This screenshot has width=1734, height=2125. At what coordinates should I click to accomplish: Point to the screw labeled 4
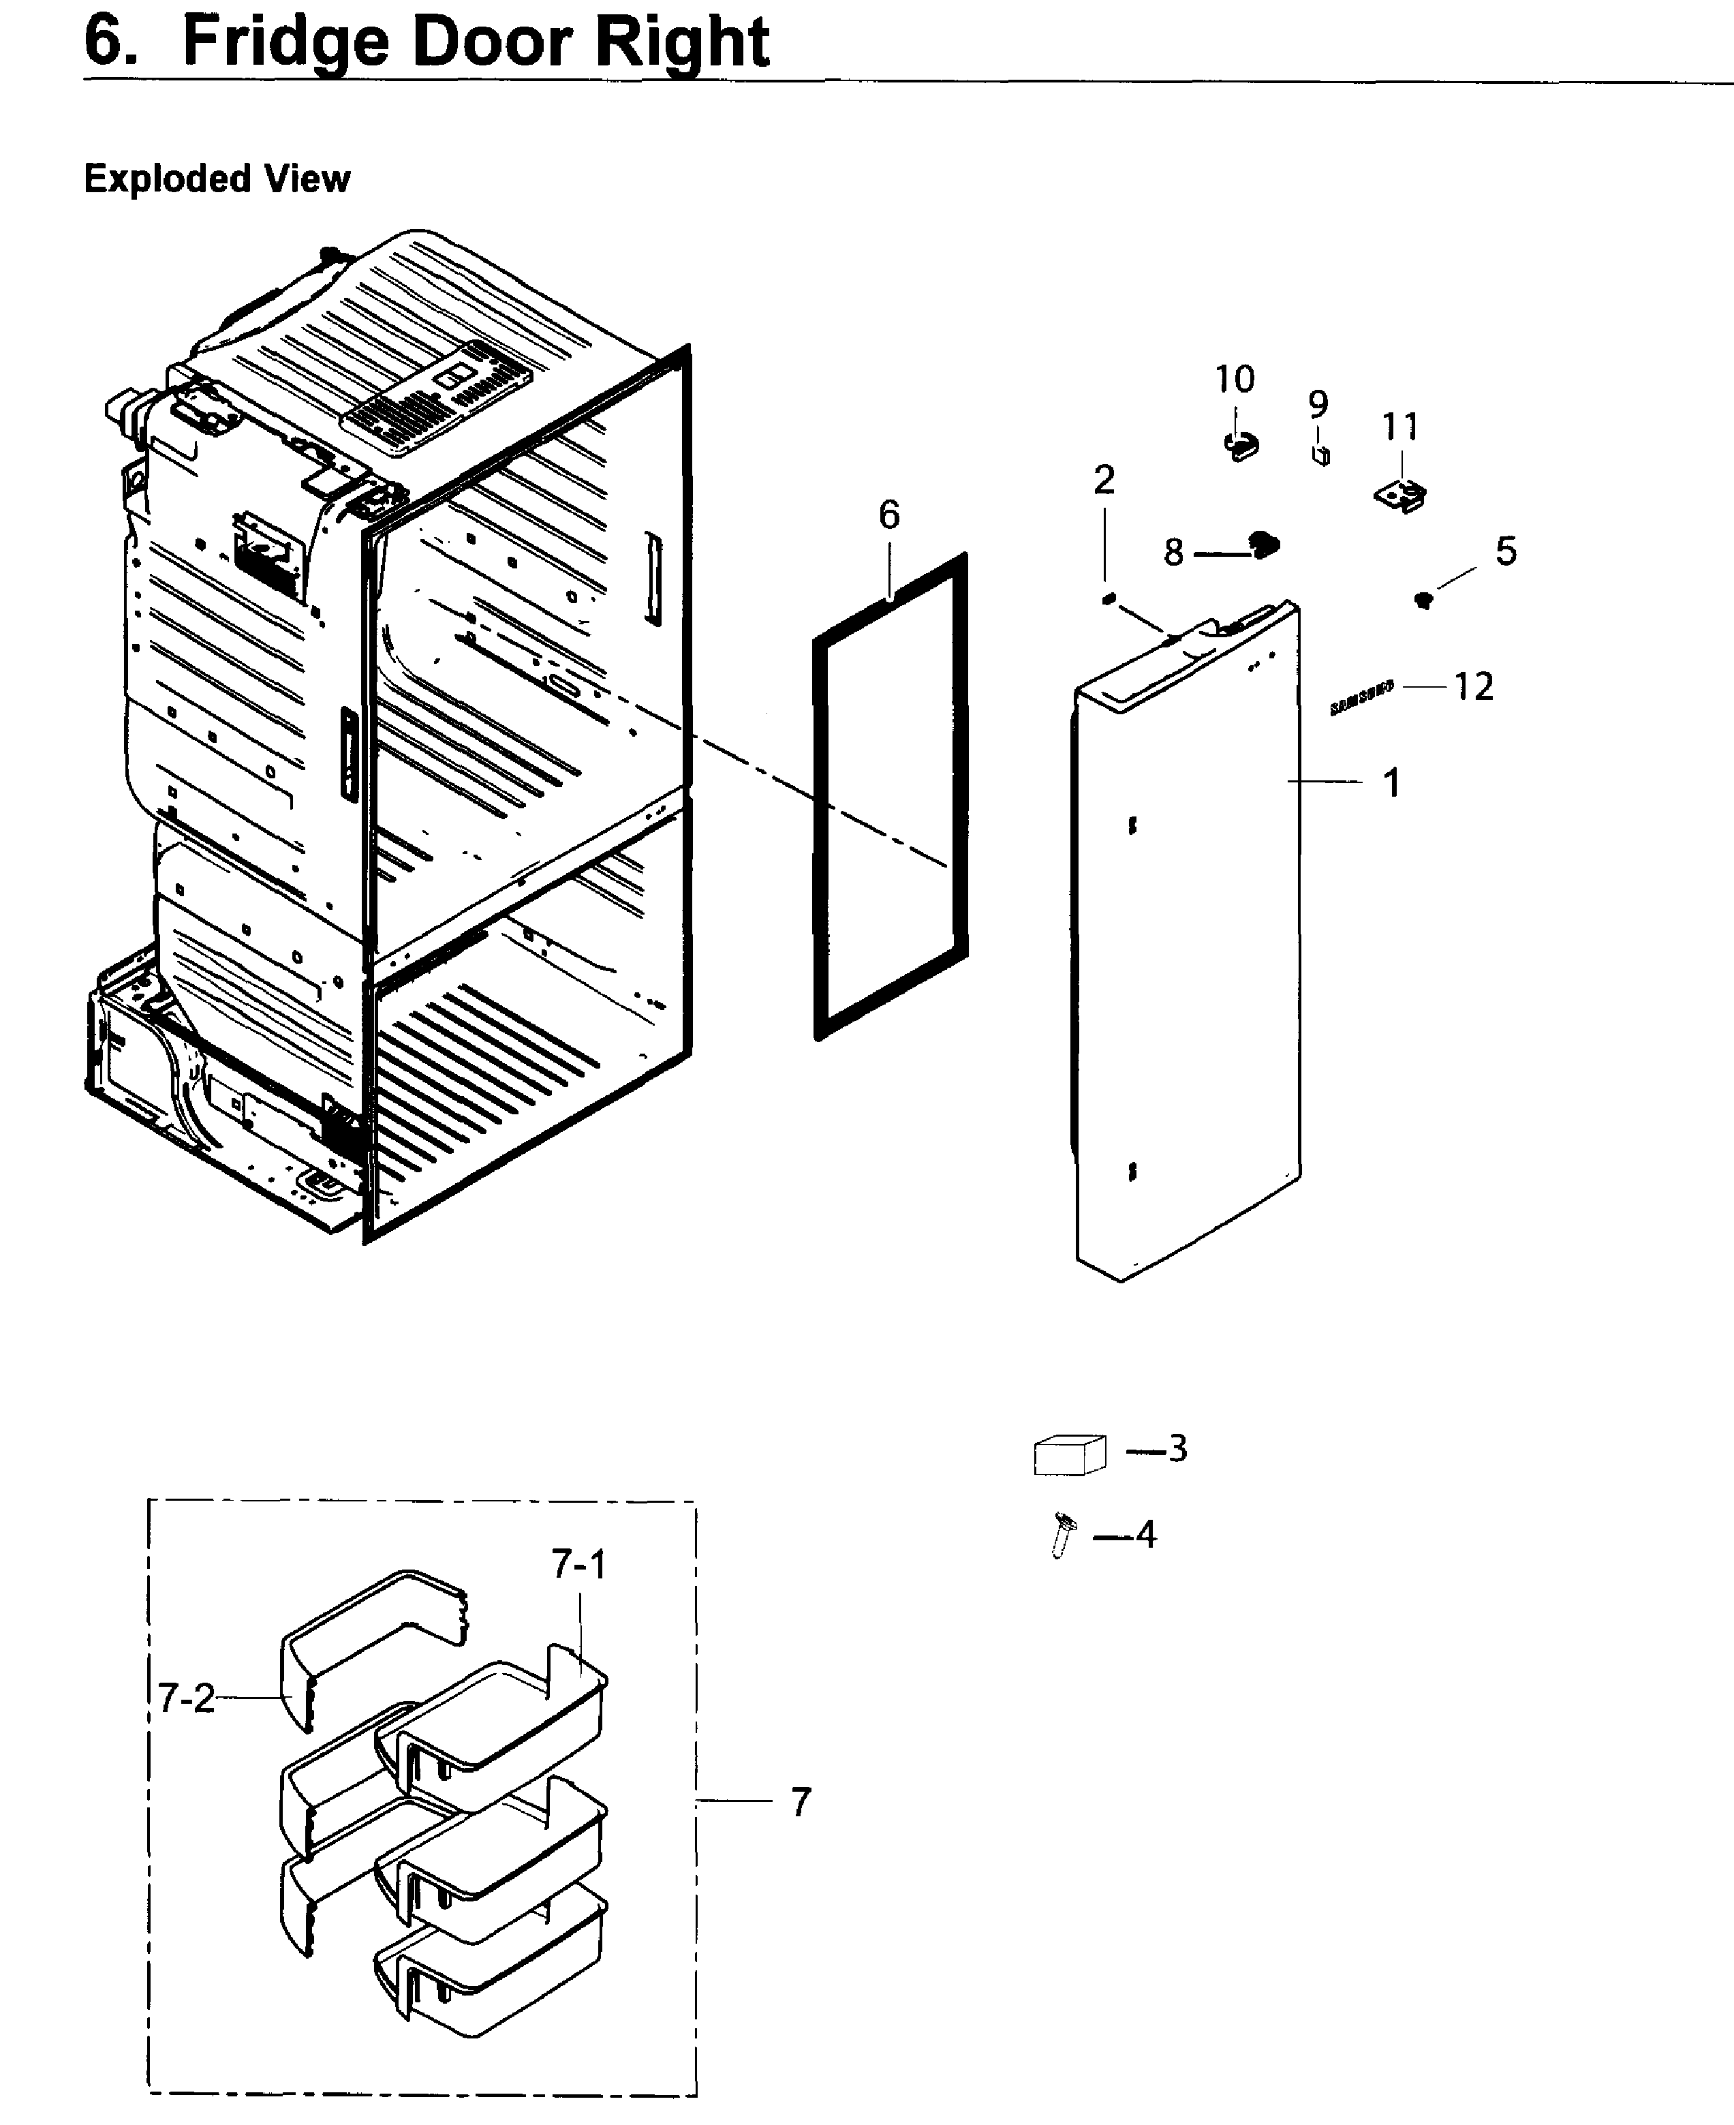pyautogui.click(x=1063, y=1533)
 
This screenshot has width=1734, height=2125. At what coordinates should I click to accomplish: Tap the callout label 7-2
pyautogui.click(x=186, y=1698)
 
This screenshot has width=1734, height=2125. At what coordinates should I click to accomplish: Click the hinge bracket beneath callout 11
pyautogui.click(x=1402, y=495)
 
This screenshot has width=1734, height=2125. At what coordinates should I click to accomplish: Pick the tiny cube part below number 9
pyautogui.click(x=1320, y=455)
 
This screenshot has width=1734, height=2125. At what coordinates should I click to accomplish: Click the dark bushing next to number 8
pyautogui.click(x=1265, y=545)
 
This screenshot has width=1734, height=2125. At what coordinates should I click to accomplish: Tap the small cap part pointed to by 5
pyautogui.click(x=1423, y=600)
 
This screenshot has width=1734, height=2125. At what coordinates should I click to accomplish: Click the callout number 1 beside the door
pyautogui.click(x=1391, y=782)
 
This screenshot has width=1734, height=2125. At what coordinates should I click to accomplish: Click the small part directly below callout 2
pyautogui.click(x=1106, y=598)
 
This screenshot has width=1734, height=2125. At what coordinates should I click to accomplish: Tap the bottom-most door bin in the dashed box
pyautogui.click(x=489, y=1973)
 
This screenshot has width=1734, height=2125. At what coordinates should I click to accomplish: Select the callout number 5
pyautogui.click(x=1505, y=551)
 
